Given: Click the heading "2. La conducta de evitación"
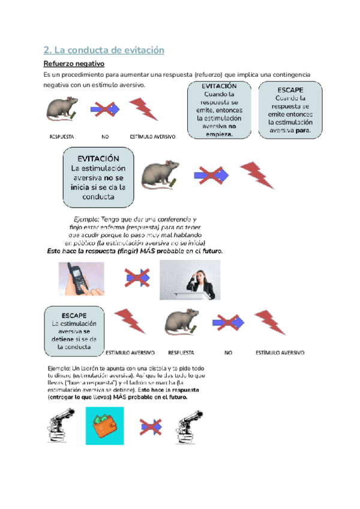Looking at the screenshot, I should tap(104, 50).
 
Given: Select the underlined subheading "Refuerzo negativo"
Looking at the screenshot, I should tap(74, 64).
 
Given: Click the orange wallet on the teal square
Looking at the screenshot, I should tap(104, 426).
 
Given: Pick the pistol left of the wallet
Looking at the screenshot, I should tap(61, 426).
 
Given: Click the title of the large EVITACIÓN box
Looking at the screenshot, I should tap(98, 158).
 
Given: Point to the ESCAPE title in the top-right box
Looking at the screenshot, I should tap(290, 91).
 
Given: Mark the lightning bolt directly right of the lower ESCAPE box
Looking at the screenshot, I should tap(130, 321).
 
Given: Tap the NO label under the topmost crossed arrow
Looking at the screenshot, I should tap(106, 137).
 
